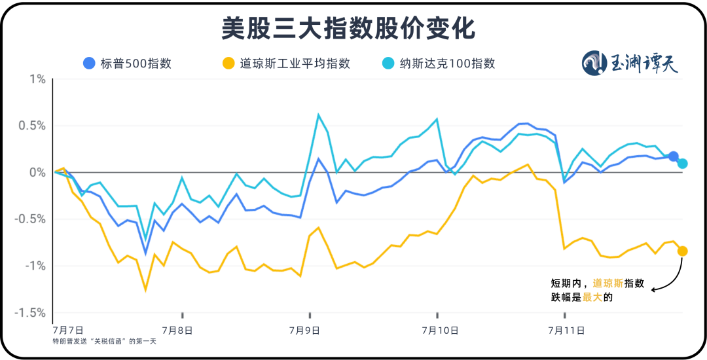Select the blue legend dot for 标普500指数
pyautogui.click(x=89, y=63)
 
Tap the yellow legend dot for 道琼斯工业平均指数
pyautogui.click(x=228, y=63)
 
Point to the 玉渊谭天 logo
pyautogui.click(x=630, y=63)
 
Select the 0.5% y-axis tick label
pyautogui.click(x=32, y=126)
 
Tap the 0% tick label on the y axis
pyautogui.click(x=37, y=172)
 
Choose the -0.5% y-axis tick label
pyautogui.click(x=31, y=219)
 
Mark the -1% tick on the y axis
pyautogui.click(x=35, y=266)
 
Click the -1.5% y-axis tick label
pyautogui.click(x=31, y=312)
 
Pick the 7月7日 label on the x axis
pyautogui.click(x=69, y=331)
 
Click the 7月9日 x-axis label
pyautogui.click(x=308, y=331)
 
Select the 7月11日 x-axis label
pyautogui.click(x=567, y=331)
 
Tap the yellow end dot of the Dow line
pyautogui.click(x=682, y=251)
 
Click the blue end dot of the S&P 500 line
pyautogui.click(x=673, y=156)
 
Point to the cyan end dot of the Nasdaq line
pyautogui.click(x=682, y=163)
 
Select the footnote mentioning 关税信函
pyautogui.click(x=105, y=341)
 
